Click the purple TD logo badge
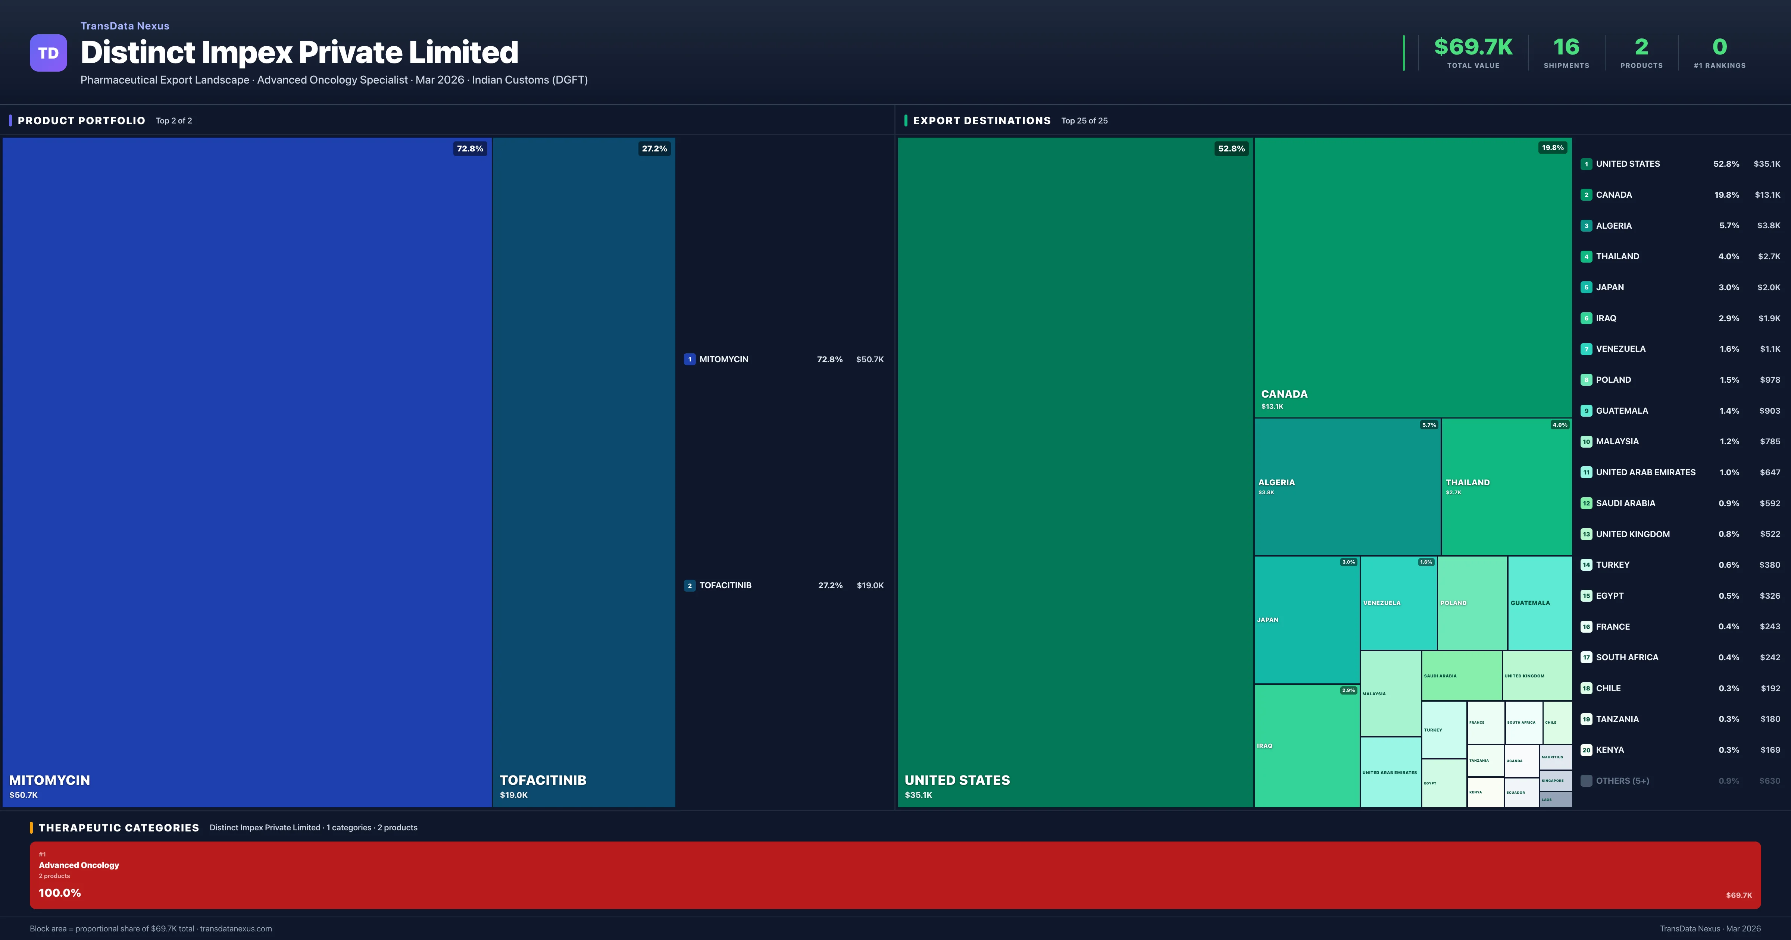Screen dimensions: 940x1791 (48, 53)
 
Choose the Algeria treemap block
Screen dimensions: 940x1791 (1347, 487)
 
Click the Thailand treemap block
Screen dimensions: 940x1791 (1506, 487)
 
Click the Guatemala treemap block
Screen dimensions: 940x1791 (1539, 603)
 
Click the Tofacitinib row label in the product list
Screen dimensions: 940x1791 (725, 585)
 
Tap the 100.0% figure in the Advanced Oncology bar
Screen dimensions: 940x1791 (60, 893)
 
